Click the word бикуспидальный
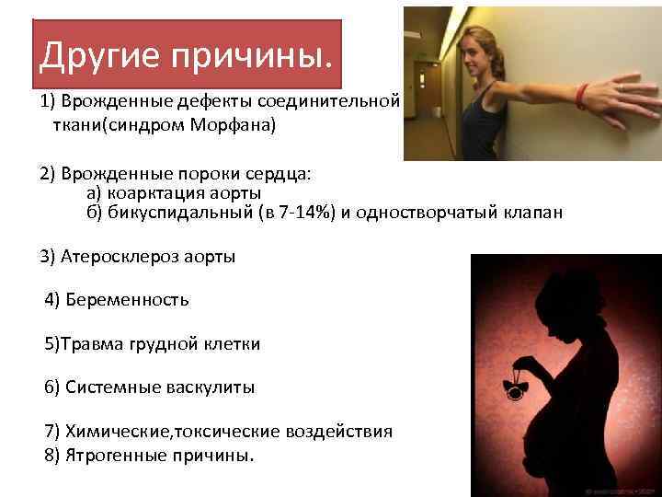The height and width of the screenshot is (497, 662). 177,214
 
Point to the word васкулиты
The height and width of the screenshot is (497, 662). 209,387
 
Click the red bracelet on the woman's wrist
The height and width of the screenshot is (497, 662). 581,94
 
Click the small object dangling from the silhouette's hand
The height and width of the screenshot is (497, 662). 514,387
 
